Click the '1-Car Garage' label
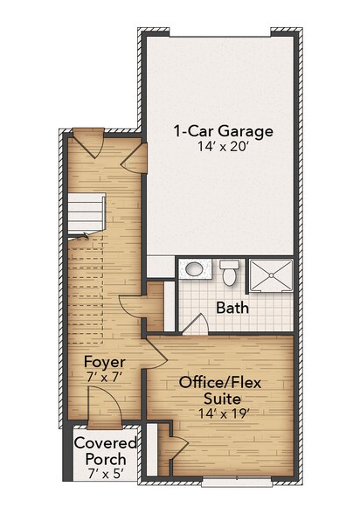tap(223, 132)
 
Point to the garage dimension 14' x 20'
tap(223, 149)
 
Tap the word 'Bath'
tap(232, 308)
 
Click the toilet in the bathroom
tap(230, 274)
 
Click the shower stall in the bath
tap(272, 274)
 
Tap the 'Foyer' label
tap(105, 362)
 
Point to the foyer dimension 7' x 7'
tap(105, 378)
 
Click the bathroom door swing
tap(197, 326)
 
